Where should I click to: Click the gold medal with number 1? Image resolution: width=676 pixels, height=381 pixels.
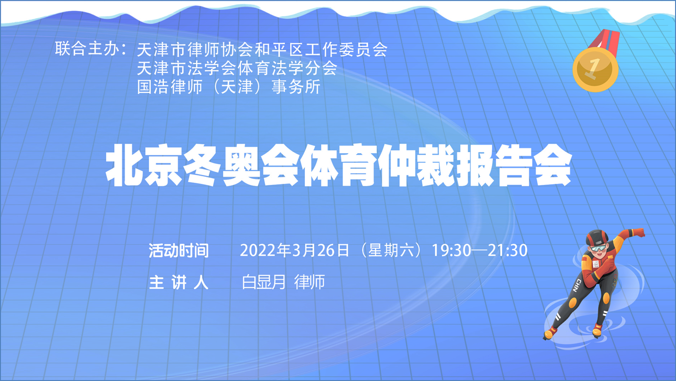pyautogui.click(x=595, y=70)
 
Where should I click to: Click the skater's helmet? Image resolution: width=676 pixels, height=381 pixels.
pyautogui.click(x=597, y=237)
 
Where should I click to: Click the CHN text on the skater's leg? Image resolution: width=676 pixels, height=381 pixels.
pyautogui.click(x=578, y=285)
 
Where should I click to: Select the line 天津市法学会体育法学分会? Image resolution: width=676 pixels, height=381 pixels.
pyautogui.click(x=237, y=68)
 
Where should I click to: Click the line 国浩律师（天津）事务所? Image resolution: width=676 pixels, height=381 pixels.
pyautogui.click(x=228, y=87)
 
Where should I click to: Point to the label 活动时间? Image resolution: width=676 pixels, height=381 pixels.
pyautogui.click(x=179, y=250)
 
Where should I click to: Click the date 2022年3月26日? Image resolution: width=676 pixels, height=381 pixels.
pyautogui.click(x=294, y=250)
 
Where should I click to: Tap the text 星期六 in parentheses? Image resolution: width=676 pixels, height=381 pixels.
pyautogui.click(x=391, y=250)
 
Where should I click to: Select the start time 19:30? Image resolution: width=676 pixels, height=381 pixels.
pyautogui.click(x=451, y=250)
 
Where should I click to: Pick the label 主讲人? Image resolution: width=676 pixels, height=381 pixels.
pyautogui.click(x=179, y=282)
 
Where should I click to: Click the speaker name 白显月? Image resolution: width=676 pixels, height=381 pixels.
pyautogui.click(x=264, y=282)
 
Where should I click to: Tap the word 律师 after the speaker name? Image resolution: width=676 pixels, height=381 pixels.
pyautogui.click(x=309, y=282)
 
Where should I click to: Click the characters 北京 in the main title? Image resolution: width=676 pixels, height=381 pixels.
pyautogui.click(x=144, y=165)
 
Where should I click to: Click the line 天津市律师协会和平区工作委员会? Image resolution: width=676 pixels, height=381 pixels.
pyautogui.click(x=262, y=50)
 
